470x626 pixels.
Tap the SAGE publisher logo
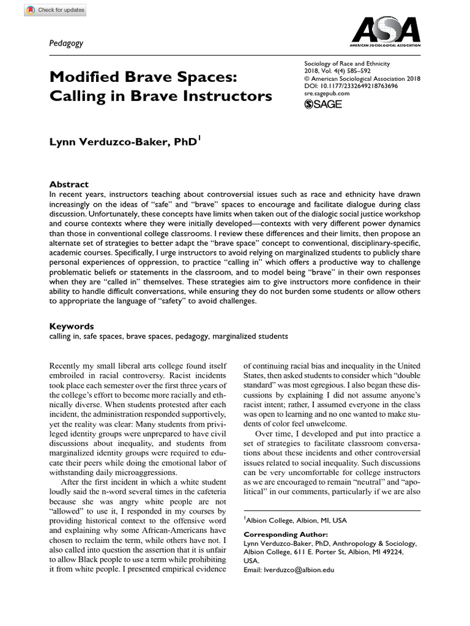pyautogui.click(x=323, y=105)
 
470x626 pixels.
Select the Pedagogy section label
pyautogui.click(x=66, y=43)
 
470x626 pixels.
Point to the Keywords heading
pyautogui.click(x=72, y=326)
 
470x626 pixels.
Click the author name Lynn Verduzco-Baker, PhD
pyautogui.click(x=124, y=142)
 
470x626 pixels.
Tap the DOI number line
pyautogui.click(x=351, y=86)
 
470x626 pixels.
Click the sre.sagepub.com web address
pyautogui.click(x=327, y=94)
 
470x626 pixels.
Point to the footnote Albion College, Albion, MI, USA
pyautogui.click(x=296, y=520)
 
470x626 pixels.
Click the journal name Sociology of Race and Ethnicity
pyautogui.click(x=347, y=64)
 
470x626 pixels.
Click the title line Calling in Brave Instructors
pyautogui.click(x=160, y=97)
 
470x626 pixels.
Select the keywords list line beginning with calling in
pyautogui.click(x=168, y=336)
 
